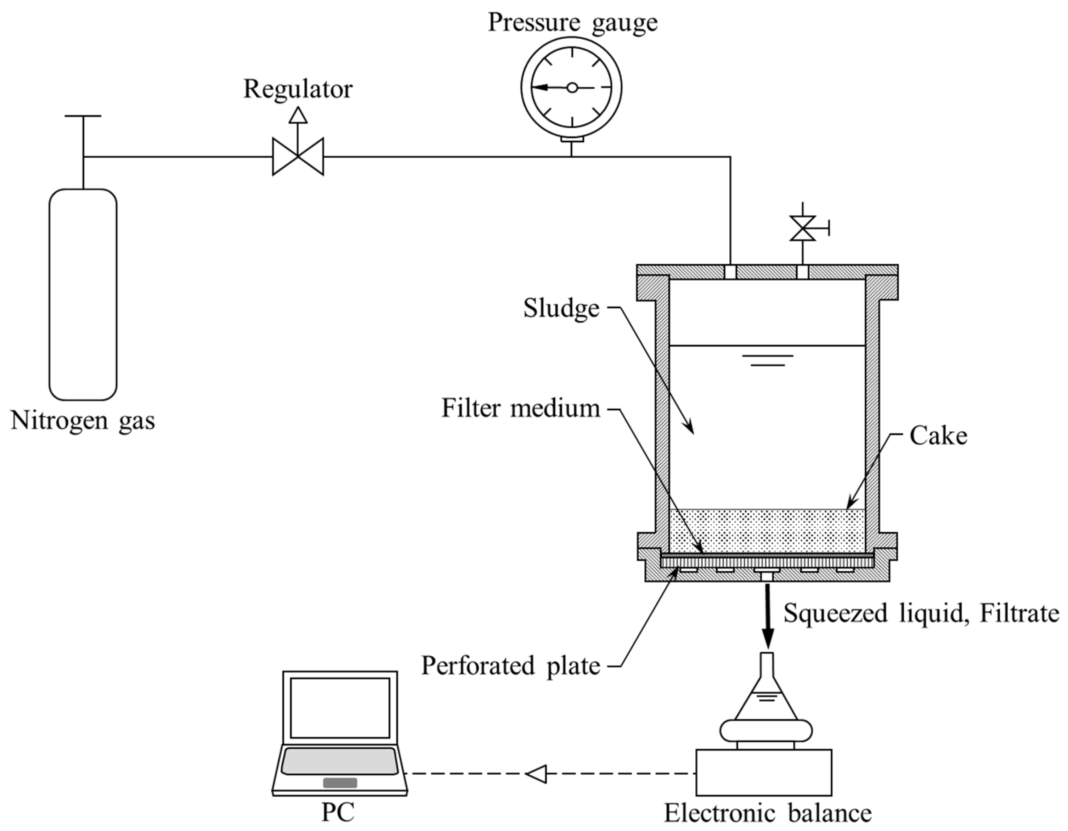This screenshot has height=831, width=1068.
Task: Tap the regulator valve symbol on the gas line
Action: pos(298,157)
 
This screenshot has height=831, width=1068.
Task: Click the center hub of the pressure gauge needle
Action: pos(572,88)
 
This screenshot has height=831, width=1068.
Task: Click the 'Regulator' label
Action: pos(298,89)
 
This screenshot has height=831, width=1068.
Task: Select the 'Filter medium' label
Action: pos(520,408)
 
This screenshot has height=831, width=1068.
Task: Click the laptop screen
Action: pos(339,708)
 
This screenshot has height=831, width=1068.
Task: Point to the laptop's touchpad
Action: pos(340,782)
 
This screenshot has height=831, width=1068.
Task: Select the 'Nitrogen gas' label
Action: pos(83,421)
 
